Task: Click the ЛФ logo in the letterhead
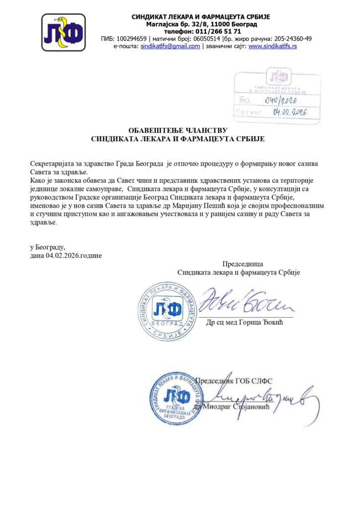(x=63, y=32)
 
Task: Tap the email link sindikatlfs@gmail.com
(x=170, y=46)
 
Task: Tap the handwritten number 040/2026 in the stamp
(x=281, y=101)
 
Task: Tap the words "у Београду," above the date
(x=48, y=247)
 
